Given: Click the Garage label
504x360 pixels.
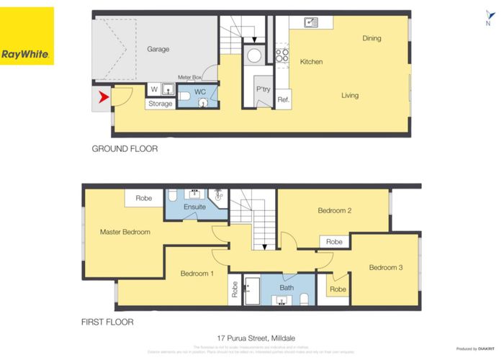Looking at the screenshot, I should [x=158, y=49].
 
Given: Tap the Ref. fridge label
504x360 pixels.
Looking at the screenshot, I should [x=284, y=100].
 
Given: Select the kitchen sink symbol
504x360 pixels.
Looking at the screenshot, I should [x=311, y=22].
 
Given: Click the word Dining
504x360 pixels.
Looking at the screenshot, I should [x=372, y=38].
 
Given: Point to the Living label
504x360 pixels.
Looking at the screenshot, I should [x=350, y=95].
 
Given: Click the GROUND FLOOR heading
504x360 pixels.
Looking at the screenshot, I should [x=125, y=149].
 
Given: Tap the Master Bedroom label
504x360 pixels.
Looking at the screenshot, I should [x=125, y=232].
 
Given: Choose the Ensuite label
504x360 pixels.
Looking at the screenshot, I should [x=195, y=207].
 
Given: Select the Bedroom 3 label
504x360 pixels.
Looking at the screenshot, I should [x=385, y=268].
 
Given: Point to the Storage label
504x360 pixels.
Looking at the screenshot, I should [x=161, y=104].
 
